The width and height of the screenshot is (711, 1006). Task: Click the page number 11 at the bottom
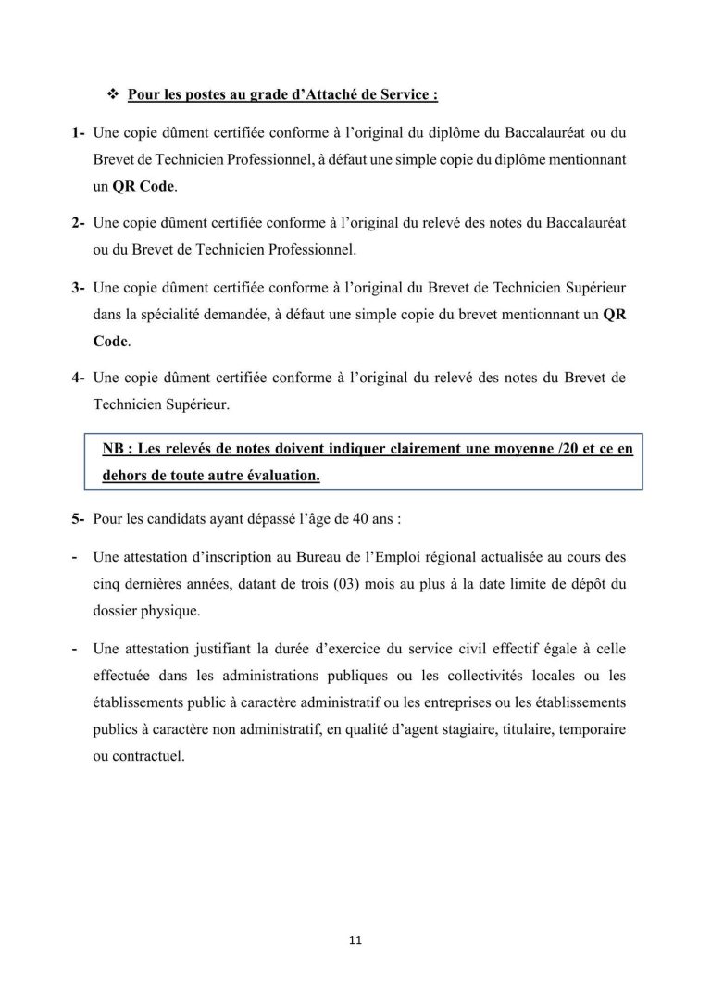[x=355, y=940]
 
